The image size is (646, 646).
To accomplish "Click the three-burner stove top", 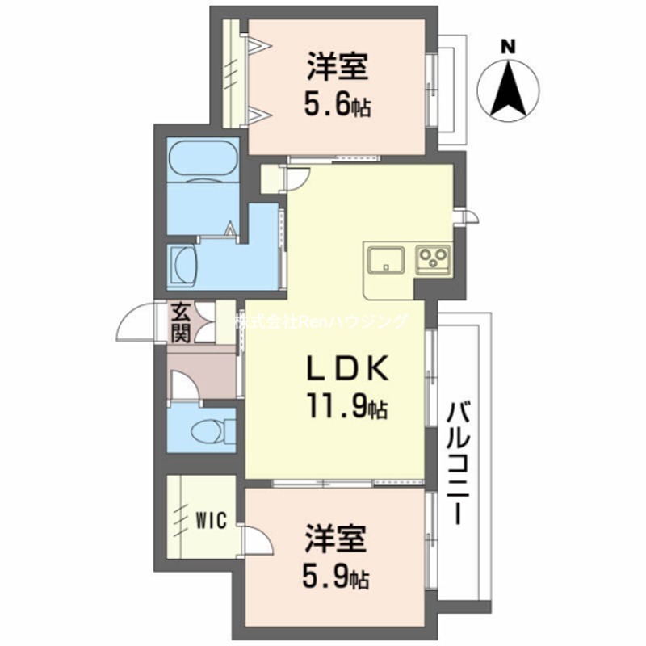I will point(432,259).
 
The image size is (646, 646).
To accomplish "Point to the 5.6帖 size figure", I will point(338,105).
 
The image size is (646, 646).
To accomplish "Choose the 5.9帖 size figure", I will point(338,577).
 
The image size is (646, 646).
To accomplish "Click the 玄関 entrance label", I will point(182,321).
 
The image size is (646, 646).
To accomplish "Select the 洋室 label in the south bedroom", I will point(337,539).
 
